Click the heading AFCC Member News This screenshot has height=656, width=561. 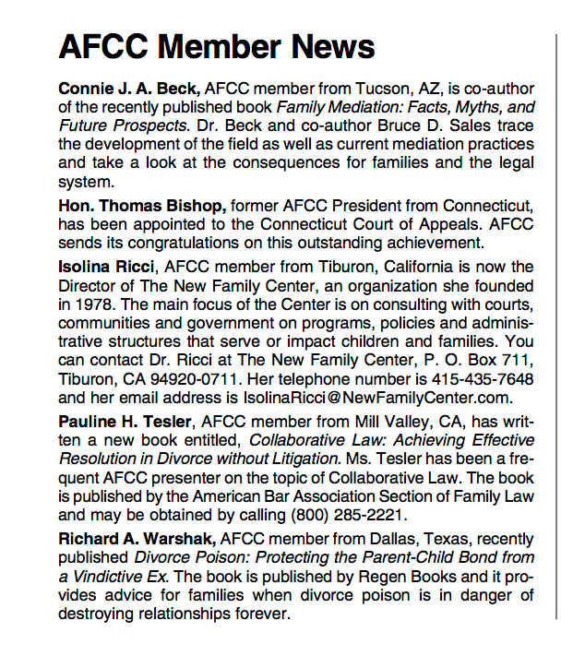(216, 47)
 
